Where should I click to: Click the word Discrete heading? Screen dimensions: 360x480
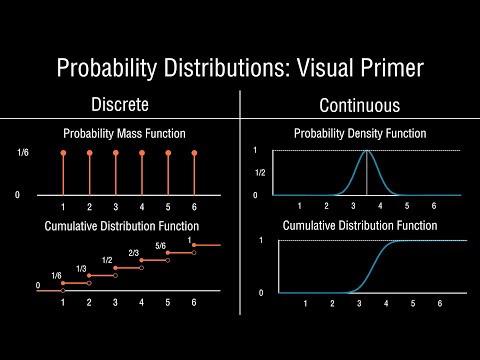121,105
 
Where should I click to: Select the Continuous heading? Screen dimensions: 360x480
359,105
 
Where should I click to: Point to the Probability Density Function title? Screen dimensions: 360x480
359,134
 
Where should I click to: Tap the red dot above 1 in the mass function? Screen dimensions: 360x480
63,152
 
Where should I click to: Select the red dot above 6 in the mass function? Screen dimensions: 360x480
193,152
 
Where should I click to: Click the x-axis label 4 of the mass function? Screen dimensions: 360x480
141,206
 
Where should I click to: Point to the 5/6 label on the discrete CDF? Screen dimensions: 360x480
161,246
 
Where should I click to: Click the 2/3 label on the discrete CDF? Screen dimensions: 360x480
134,253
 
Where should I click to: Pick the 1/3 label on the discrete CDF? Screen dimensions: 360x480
82,269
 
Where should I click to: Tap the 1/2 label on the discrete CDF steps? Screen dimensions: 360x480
108,260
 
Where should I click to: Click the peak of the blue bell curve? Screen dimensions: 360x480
367,151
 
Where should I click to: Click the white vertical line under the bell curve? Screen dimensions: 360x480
367,175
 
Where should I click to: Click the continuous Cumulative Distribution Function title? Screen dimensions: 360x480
359,225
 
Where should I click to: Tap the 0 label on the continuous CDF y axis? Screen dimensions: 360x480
260,293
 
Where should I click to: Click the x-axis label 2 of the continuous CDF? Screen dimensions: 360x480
326,302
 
